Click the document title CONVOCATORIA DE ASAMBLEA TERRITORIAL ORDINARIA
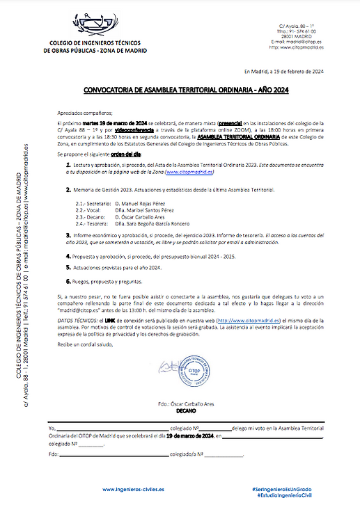pyautogui.click(x=185, y=90)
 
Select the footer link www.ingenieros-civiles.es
pyautogui.click(x=133, y=489)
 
